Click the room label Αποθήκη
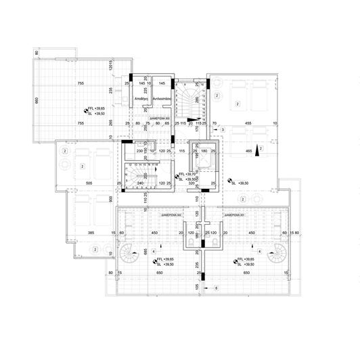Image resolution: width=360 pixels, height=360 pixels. [141, 99]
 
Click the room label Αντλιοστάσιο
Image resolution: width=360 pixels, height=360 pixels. [162, 99]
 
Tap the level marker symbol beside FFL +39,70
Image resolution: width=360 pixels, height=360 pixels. [177, 175]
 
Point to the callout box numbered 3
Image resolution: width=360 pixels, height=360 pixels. [212, 129]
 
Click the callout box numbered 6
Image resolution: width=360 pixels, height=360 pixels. [215, 288]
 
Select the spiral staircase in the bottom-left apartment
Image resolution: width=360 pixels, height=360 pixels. [129, 255]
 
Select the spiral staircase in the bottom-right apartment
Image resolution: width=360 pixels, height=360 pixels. [277, 255]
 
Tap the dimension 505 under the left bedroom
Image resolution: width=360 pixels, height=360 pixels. [85, 183]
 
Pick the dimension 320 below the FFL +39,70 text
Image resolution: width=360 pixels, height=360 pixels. [192, 183]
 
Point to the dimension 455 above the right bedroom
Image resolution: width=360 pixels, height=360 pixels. [248, 124]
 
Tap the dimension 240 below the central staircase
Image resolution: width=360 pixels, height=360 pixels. [141, 183]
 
